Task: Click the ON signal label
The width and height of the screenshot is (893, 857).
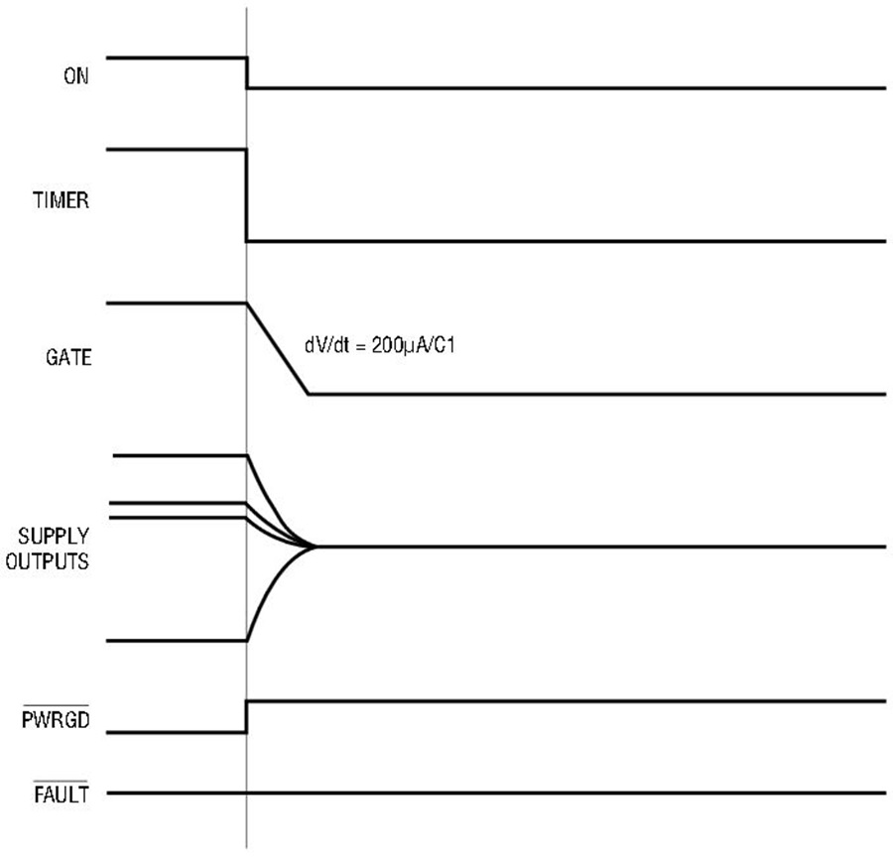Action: click(x=76, y=75)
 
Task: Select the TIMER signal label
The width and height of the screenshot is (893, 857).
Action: click(x=61, y=200)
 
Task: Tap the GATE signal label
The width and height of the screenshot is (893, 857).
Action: click(x=68, y=358)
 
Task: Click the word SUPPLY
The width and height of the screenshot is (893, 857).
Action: click(x=54, y=536)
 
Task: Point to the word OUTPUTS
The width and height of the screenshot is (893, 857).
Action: click(x=48, y=561)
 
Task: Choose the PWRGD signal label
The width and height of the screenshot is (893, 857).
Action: click(x=56, y=720)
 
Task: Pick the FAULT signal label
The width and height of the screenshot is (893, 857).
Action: click(x=61, y=795)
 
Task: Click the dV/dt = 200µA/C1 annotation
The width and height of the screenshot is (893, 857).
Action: click(x=380, y=345)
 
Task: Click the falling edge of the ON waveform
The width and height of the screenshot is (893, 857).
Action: click(x=247, y=72)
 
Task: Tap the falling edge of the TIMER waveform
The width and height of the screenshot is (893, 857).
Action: click(x=247, y=195)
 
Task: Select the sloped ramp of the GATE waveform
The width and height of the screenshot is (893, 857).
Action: click(x=278, y=348)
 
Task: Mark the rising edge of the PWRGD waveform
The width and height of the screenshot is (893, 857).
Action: click(x=247, y=717)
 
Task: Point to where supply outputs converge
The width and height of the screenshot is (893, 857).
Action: click(x=315, y=547)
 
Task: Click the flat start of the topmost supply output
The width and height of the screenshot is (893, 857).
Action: click(x=180, y=455)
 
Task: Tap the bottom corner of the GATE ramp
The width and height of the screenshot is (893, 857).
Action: click(x=309, y=394)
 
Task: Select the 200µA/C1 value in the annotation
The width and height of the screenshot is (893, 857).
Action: click(x=414, y=345)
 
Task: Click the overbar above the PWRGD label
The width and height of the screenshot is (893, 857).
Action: click(x=56, y=705)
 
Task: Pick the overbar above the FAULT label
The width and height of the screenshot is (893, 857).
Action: click(x=61, y=782)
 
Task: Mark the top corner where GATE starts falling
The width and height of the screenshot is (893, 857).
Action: click(x=247, y=303)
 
